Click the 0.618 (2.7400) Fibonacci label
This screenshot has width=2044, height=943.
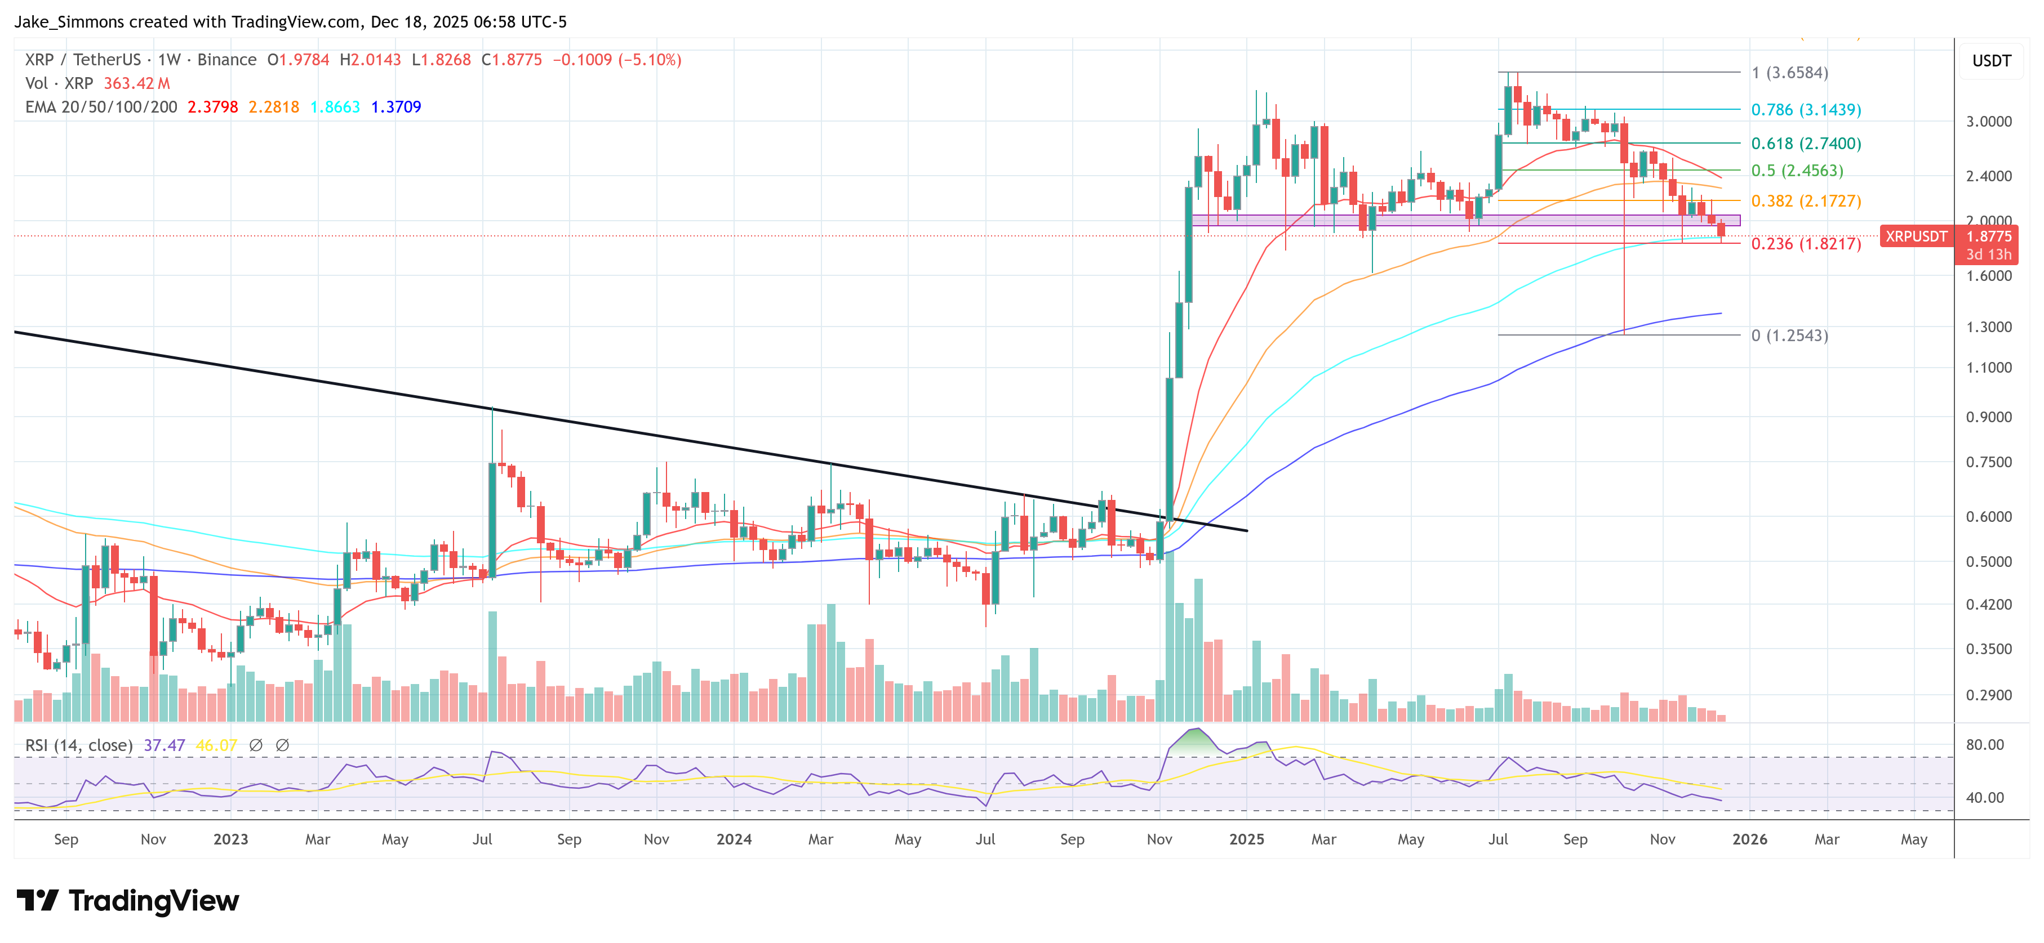click(x=1805, y=144)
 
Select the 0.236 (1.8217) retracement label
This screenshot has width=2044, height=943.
click(x=1805, y=243)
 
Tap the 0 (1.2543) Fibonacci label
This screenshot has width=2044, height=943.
click(x=1789, y=336)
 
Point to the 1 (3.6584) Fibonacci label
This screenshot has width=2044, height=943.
click(x=1789, y=73)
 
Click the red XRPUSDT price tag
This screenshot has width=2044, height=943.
click(x=1916, y=236)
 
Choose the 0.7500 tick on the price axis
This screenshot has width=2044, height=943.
click(x=1988, y=462)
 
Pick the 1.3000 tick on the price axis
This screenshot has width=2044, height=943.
click(x=1988, y=327)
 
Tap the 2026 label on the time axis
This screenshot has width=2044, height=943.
click(x=1749, y=839)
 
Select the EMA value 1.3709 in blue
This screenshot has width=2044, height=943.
click(x=396, y=107)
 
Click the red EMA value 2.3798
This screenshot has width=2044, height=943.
click(x=212, y=107)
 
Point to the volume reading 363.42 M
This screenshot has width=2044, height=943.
click(x=136, y=83)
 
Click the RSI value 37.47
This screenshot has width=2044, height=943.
click(x=165, y=745)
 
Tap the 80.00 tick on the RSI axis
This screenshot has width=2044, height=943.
click(x=1984, y=745)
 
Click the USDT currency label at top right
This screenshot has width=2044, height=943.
click(x=1991, y=61)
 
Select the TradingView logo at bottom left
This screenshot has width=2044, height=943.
click(x=127, y=901)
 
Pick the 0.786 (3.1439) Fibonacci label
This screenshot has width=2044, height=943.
click(x=1805, y=109)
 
